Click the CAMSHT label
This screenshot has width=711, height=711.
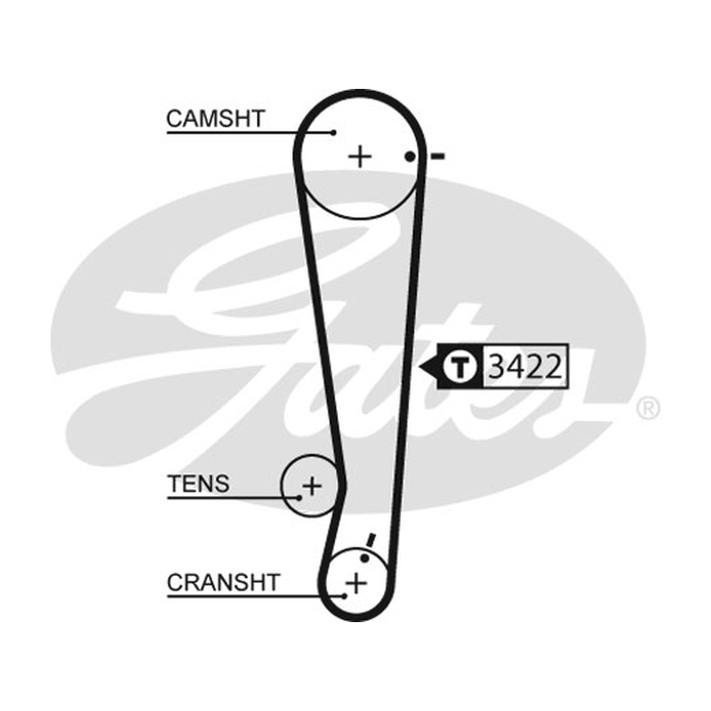(215, 119)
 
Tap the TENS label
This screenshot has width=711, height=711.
(198, 483)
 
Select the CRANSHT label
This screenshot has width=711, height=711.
(223, 583)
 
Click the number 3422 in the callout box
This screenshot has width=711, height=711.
(525, 367)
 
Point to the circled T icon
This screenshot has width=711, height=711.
(459, 367)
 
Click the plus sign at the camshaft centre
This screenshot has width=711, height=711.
(360, 157)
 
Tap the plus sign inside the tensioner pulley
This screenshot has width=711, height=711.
(312, 486)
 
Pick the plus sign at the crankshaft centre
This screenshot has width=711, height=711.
(356, 583)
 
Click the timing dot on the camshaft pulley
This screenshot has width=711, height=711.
(410, 157)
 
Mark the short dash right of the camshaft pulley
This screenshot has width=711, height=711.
(438, 157)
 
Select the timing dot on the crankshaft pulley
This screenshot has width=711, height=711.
(364, 558)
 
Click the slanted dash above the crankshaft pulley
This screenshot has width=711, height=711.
(371, 540)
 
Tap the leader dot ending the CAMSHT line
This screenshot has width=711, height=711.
(334, 132)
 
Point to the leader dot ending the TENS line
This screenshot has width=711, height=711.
(300, 498)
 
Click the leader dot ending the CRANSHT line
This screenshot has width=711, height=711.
(345, 596)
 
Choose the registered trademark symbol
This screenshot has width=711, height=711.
(648, 409)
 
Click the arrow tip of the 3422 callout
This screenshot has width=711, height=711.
(419, 367)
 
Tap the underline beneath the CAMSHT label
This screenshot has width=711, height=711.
(251, 132)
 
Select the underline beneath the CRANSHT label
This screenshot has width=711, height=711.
(256, 596)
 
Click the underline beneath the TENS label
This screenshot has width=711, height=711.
(234, 498)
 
